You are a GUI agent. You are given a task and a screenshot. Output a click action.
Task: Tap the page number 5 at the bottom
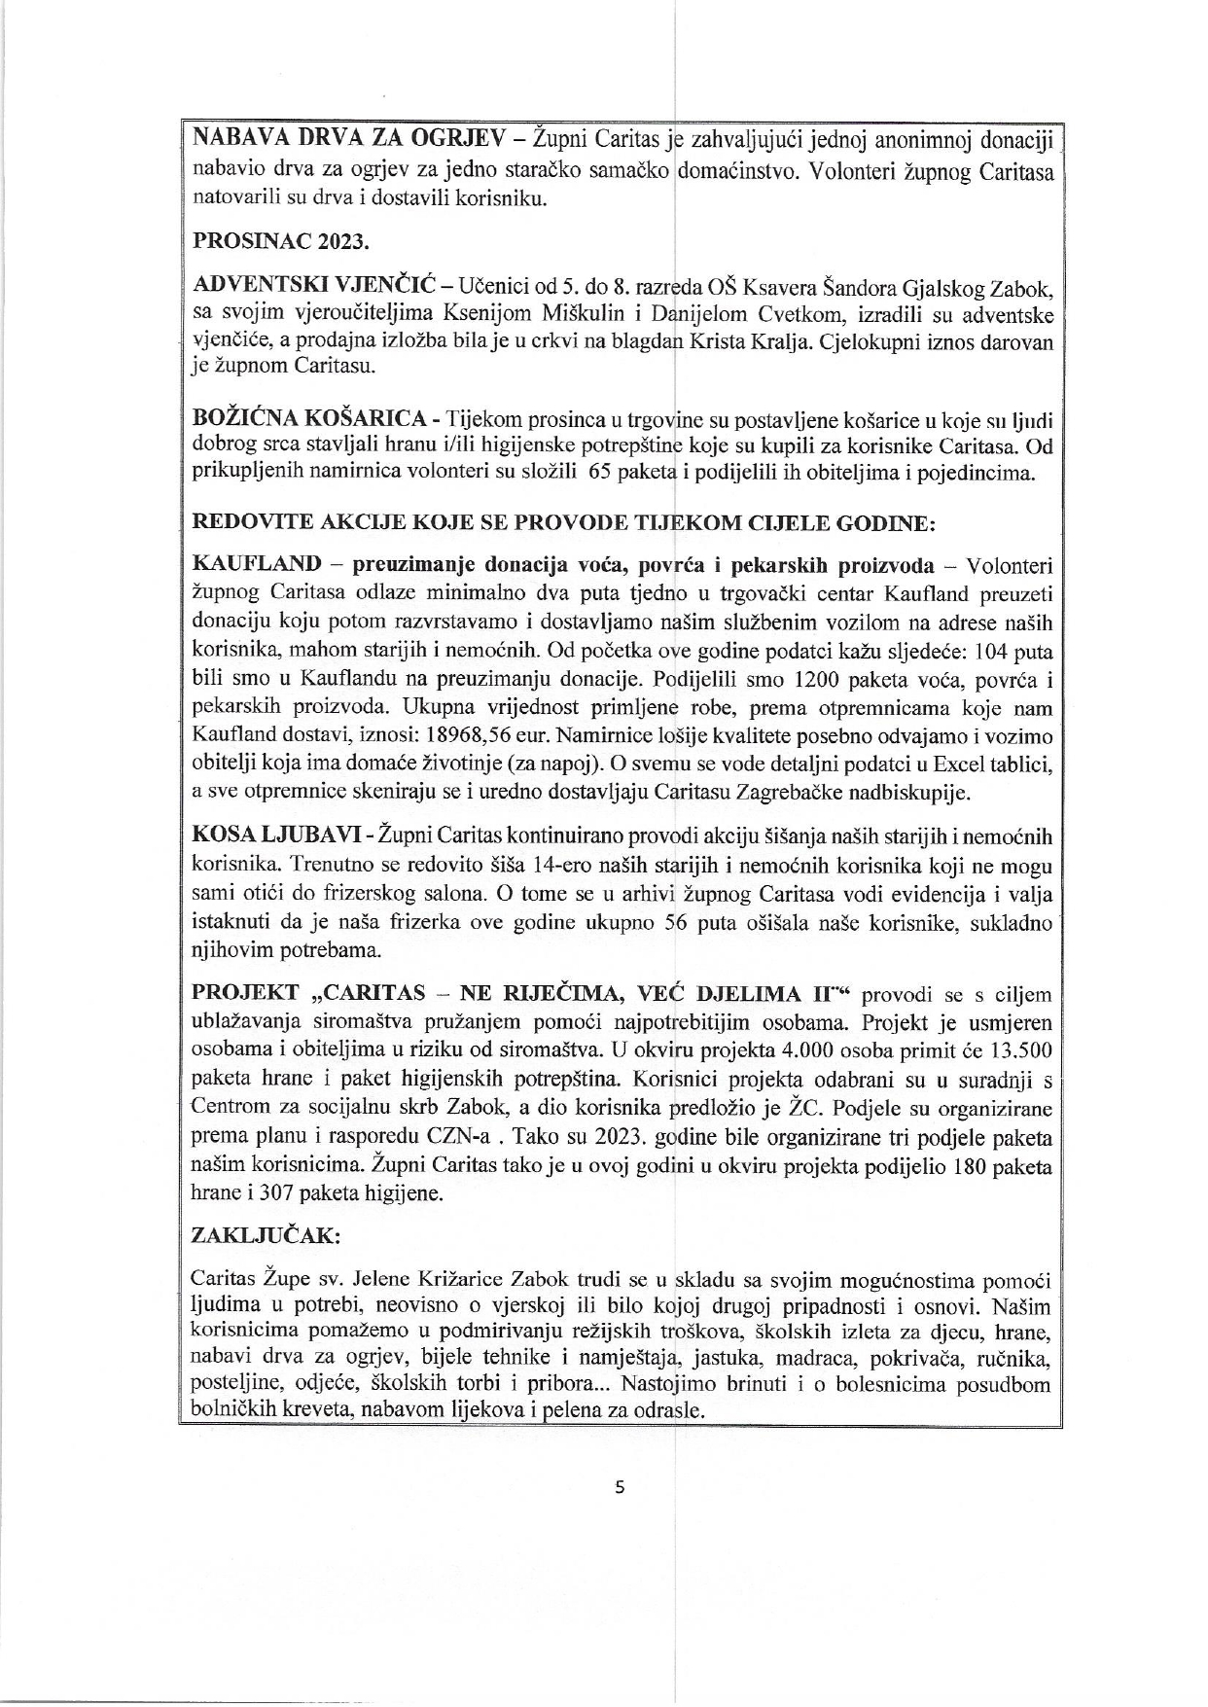[618, 1486]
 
